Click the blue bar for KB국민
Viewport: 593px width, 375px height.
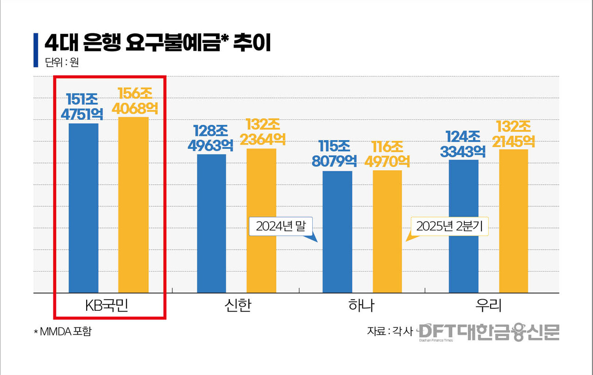[83, 208]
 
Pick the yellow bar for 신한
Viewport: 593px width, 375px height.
[261, 221]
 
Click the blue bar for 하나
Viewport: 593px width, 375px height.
[337, 232]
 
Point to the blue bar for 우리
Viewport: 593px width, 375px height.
[463, 226]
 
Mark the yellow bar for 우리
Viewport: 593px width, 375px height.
[513, 221]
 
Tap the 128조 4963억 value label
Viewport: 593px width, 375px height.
[210, 138]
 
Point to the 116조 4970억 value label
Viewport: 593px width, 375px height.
[387, 154]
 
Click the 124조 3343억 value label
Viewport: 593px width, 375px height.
[463, 144]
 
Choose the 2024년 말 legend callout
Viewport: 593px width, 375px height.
[281, 227]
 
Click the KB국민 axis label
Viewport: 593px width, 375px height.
[109, 306]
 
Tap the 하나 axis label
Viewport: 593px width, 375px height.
[361, 306]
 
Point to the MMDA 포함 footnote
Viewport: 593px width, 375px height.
[62, 332]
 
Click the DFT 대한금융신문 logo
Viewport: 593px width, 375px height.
[489, 332]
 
